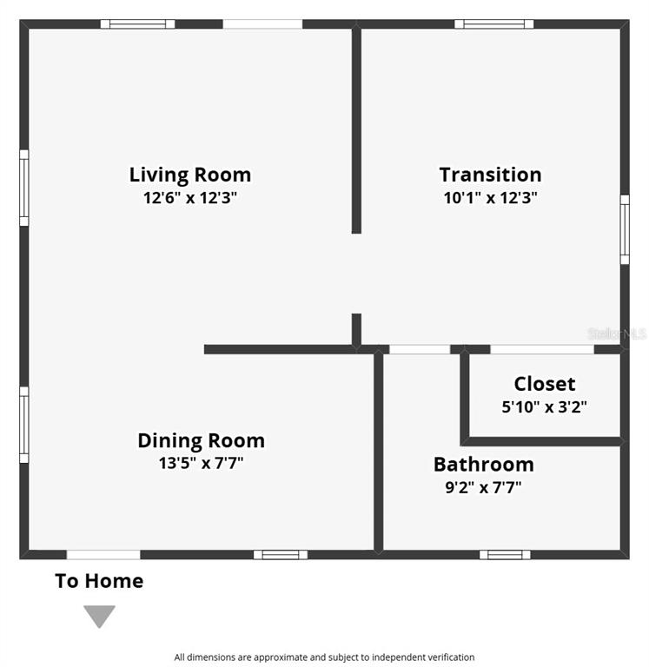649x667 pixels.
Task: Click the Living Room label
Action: [189, 175]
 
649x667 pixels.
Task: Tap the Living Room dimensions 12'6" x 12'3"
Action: [189, 198]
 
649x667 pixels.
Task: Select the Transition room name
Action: [490, 175]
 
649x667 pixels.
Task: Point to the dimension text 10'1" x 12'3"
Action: [490, 198]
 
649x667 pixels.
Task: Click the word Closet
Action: [545, 384]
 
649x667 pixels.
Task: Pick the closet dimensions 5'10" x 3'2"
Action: [545, 407]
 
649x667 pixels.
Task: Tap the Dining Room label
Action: [201, 440]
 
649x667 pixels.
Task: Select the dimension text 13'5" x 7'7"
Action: [201, 463]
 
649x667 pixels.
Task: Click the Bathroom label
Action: [483, 464]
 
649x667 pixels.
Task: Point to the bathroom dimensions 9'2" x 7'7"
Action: [483, 487]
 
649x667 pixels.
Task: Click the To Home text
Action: [99, 581]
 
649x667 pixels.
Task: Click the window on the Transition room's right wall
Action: [625, 229]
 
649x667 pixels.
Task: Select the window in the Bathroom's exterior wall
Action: [505, 555]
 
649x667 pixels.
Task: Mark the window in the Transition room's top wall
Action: [493, 23]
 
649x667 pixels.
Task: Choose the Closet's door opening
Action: [542, 350]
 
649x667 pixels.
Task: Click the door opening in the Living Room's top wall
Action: [262, 23]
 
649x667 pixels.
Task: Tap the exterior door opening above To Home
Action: [103, 555]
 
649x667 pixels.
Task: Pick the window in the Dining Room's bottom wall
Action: [281, 555]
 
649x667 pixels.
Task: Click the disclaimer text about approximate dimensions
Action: [324, 657]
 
